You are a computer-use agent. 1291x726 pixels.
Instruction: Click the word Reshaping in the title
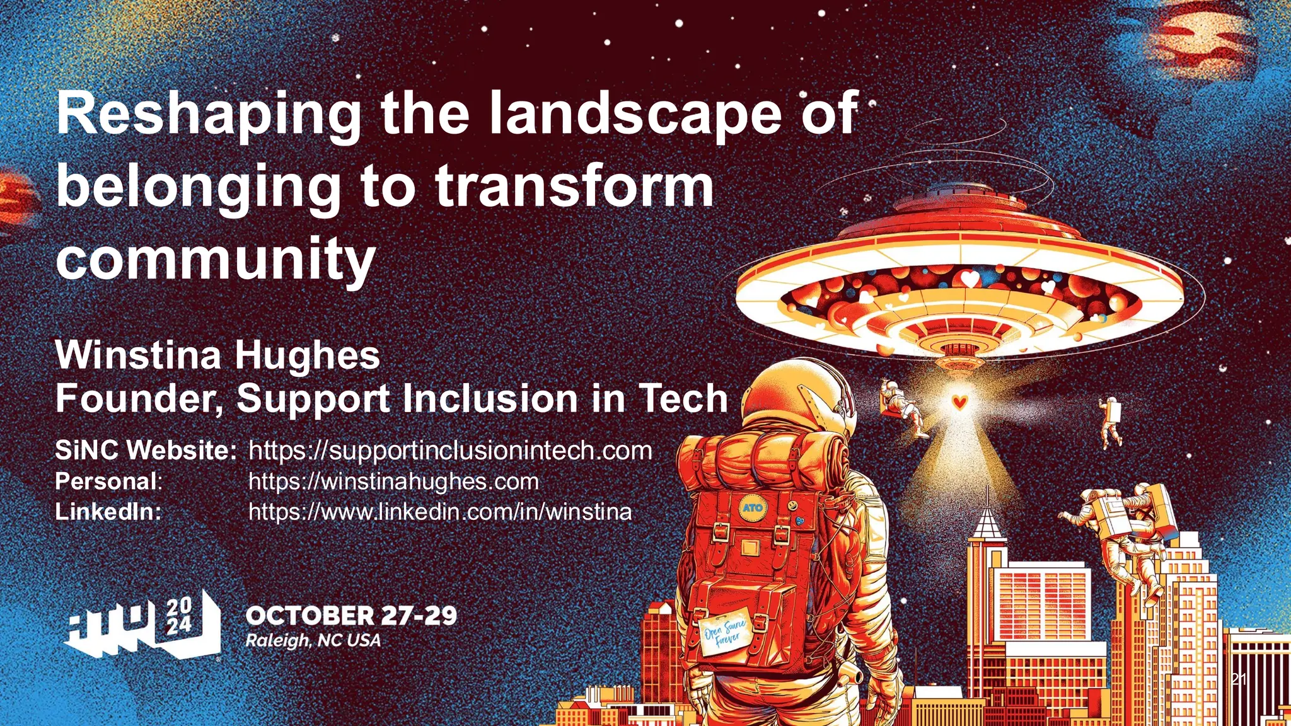[208, 115]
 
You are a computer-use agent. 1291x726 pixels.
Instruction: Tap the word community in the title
[216, 260]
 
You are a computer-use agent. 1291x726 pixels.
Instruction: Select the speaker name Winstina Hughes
[217, 355]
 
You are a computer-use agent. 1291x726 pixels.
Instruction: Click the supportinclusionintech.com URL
[450, 451]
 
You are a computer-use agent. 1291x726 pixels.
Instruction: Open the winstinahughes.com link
[394, 481]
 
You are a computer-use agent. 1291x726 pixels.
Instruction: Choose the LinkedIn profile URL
[440, 511]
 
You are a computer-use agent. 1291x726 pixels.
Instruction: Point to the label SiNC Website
[146, 451]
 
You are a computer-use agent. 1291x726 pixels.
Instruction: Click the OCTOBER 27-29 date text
[351, 616]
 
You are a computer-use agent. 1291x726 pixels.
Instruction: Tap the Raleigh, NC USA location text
[313, 641]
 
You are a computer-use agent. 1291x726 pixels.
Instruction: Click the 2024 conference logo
[144, 627]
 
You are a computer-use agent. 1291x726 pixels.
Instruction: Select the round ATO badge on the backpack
[752, 507]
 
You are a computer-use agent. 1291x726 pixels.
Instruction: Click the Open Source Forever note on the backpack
[725, 636]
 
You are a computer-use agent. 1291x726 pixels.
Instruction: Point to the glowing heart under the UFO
[959, 401]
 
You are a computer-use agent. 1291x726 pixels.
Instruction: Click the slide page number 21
[1239, 679]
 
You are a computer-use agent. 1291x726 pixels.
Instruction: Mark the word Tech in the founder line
[683, 399]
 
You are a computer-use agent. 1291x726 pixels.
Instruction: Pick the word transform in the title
[574, 187]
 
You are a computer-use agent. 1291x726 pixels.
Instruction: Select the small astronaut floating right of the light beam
[1111, 422]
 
